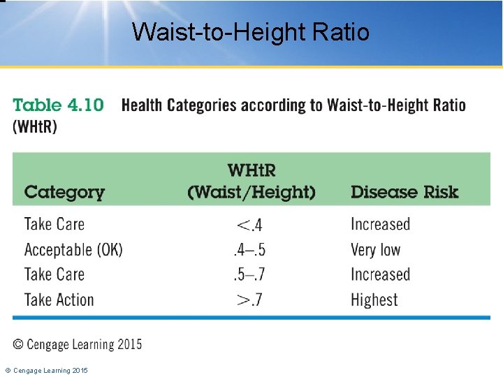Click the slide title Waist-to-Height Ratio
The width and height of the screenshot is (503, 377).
click(251, 31)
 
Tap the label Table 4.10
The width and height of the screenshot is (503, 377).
click(59, 105)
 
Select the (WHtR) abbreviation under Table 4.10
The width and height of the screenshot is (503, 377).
click(35, 127)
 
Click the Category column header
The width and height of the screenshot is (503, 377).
click(64, 192)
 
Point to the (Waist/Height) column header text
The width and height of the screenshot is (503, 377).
click(251, 192)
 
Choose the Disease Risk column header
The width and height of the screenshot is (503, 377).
click(404, 192)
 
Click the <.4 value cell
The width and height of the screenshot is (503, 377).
click(249, 225)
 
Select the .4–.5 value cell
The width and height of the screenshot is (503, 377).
click(249, 250)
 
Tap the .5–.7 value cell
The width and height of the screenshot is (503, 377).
click(249, 275)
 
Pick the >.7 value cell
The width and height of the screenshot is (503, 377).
click(249, 300)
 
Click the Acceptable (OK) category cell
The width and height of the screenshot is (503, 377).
click(73, 250)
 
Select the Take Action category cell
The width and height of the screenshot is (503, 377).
click(59, 300)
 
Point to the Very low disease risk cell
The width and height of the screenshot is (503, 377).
click(375, 250)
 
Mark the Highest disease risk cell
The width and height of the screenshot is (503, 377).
click(374, 300)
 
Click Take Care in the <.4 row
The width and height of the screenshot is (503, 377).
click(54, 225)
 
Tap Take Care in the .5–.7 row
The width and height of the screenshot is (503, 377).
click(54, 275)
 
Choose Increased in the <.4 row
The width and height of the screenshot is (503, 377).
click(380, 225)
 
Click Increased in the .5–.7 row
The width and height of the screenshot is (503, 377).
click(380, 275)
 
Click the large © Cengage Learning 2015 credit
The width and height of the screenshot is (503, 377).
click(78, 344)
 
